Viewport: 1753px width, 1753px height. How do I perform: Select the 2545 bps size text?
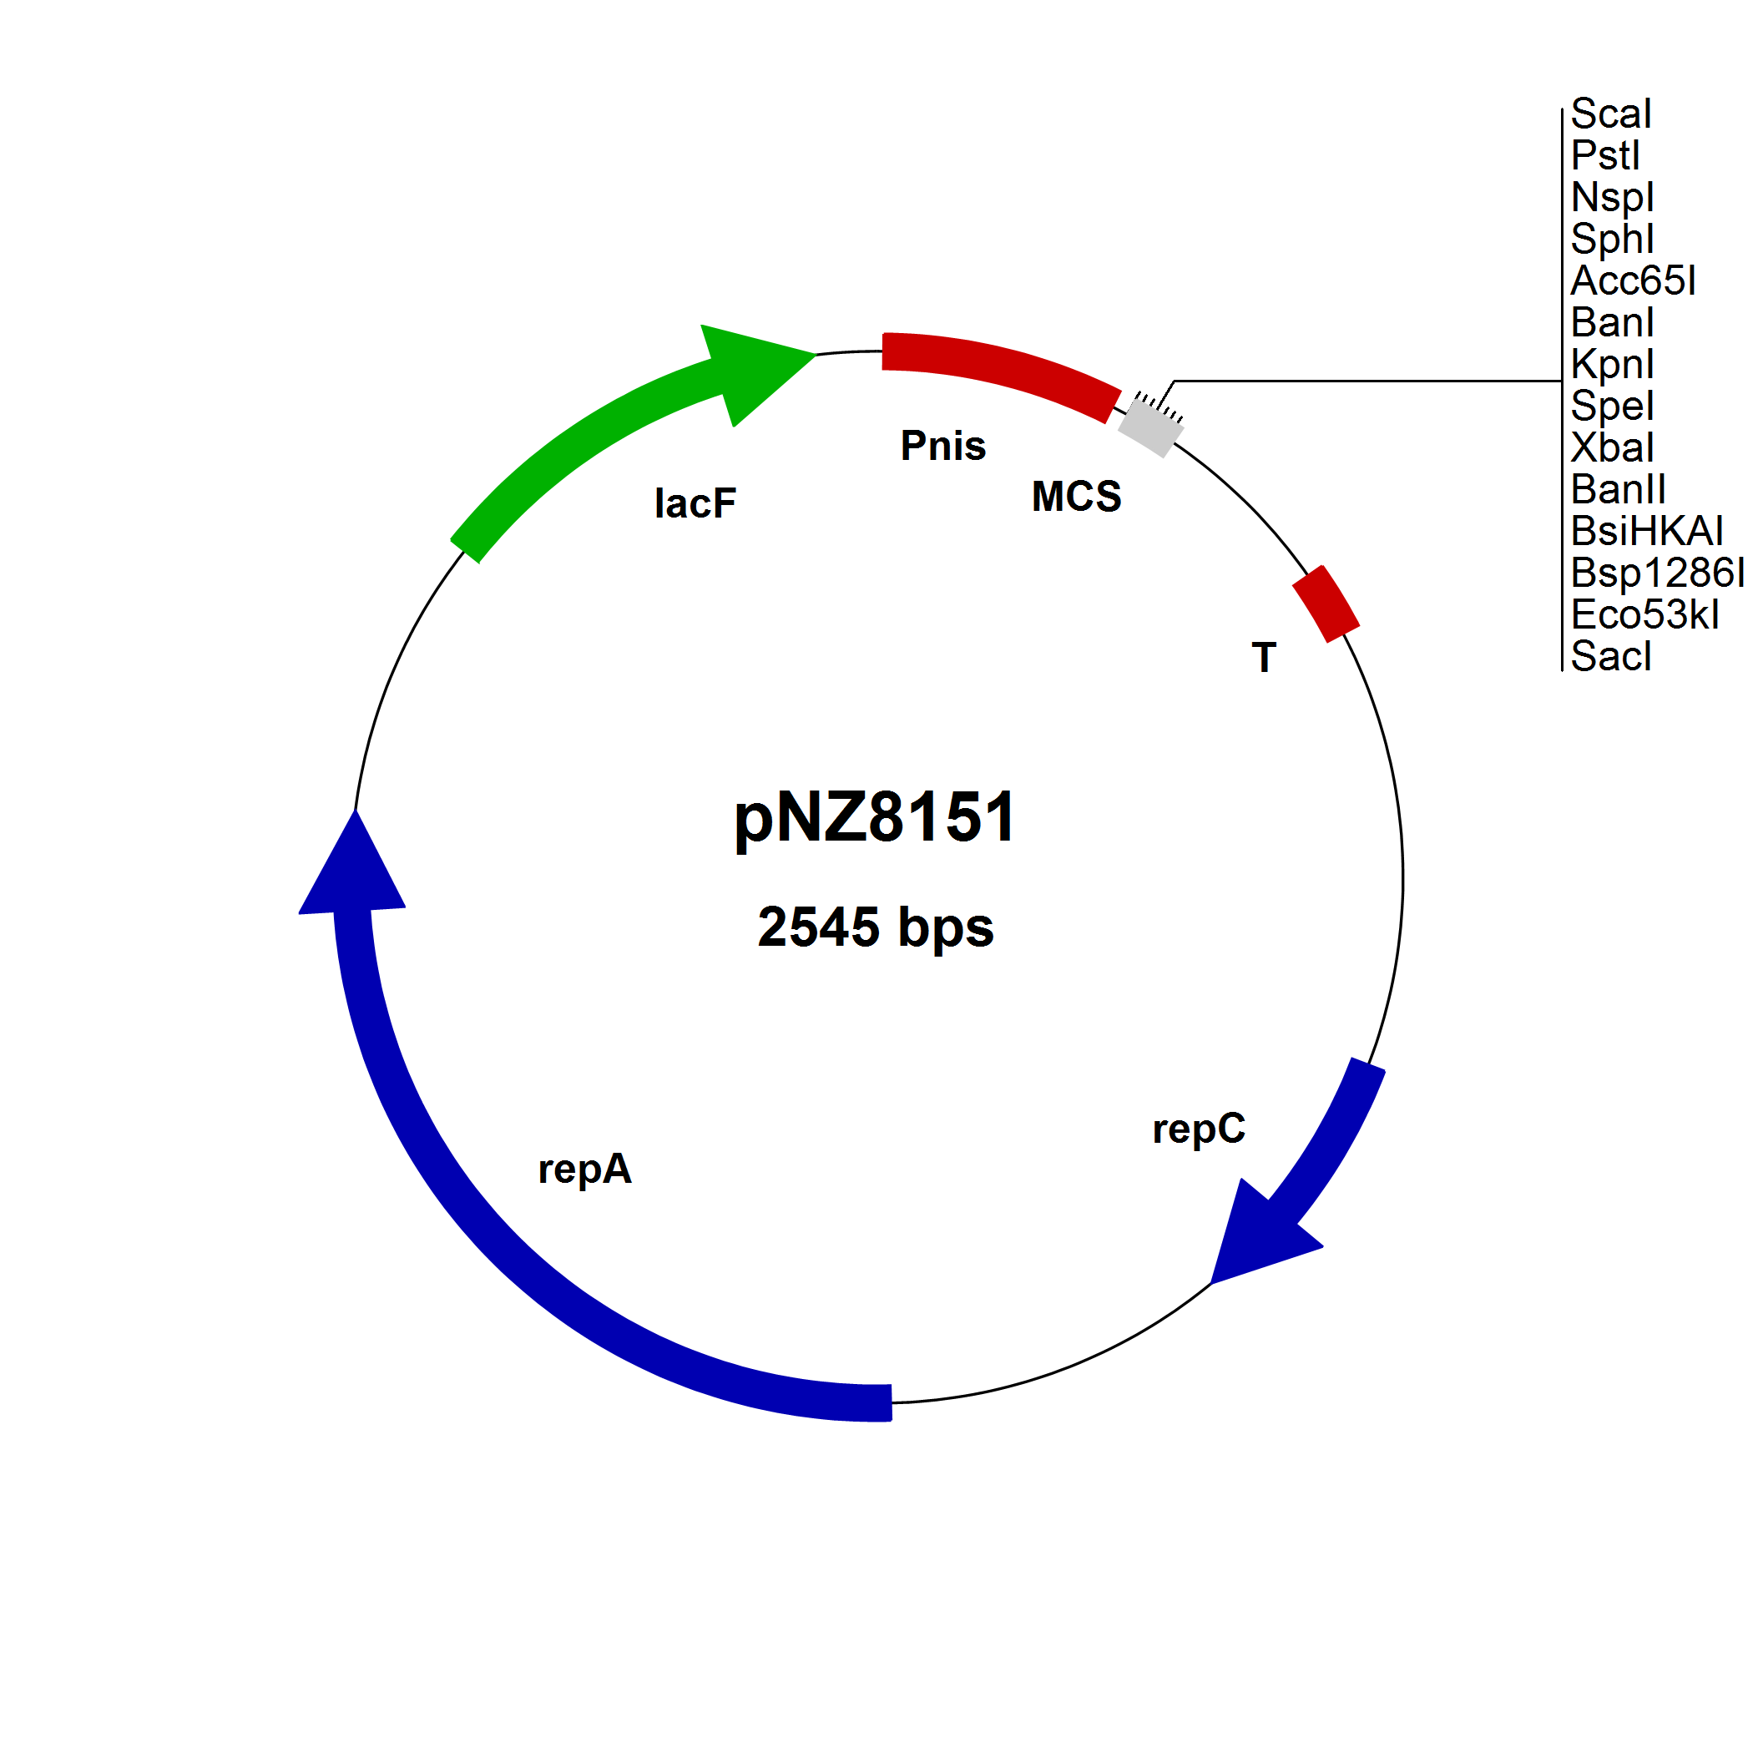point(876,927)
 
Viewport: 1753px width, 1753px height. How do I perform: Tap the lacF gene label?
point(695,503)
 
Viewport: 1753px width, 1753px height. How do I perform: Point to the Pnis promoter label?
point(942,446)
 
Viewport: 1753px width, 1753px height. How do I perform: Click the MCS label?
point(1076,497)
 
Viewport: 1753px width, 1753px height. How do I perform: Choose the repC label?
point(1199,1129)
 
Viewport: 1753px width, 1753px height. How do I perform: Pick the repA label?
point(584,1169)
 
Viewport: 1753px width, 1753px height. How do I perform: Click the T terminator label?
point(1264,657)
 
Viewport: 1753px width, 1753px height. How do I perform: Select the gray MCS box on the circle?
point(1150,428)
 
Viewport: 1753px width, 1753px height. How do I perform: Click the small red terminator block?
point(1326,604)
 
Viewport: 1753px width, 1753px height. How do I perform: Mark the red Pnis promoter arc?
point(998,367)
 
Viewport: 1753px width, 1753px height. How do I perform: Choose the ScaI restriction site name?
point(1610,114)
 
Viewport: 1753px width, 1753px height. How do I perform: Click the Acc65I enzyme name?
point(1632,281)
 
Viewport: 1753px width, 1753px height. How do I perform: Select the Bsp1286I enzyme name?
point(1657,573)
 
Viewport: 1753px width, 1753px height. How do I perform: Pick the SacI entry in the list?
point(1610,657)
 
